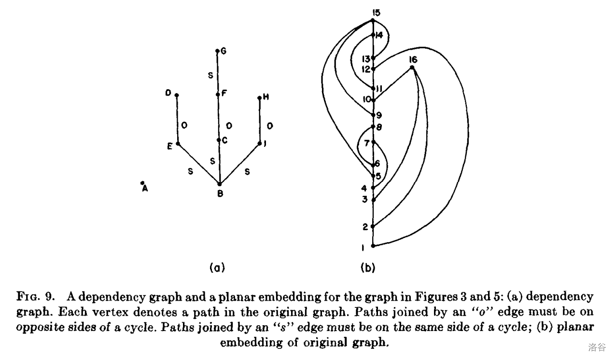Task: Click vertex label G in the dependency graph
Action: click(223, 51)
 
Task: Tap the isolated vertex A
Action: click(142, 183)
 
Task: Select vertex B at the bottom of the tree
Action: click(220, 184)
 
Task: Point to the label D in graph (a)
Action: click(168, 94)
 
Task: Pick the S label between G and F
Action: click(210, 75)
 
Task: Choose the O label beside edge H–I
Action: click(270, 126)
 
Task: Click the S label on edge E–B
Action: click(191, 171)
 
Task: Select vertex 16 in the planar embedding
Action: click(412, 68)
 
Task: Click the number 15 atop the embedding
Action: click(377, 12)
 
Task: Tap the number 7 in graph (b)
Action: click(367, 143)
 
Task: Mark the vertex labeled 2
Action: click(373, 226)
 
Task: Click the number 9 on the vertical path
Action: click(378, 116)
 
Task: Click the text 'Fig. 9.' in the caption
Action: click(41, 295)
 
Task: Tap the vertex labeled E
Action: click(178, 144)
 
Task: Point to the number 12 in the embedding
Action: click(366, 69)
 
